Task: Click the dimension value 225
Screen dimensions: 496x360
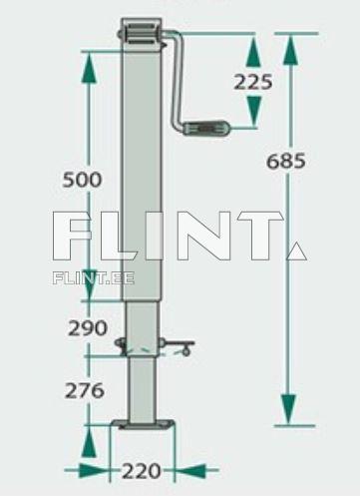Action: pyautogui.click(x=253, y=82)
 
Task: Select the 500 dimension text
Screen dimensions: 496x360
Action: pyautogui.click(x=82, y=180)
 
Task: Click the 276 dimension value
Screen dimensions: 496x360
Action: pyautogui.click(x=85, y=390)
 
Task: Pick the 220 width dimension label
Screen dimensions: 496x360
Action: pyautogui.click(x=144, y=469)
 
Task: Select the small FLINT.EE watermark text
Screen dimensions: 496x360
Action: pyautogui.click(x=93, y=277)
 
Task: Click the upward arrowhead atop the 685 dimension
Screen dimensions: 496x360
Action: pyautogui.click(x=289, y=47)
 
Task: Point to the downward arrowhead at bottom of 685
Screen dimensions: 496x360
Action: pyautogui.click(x=289, y=409)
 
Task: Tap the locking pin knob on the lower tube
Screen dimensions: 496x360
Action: pyautogui.click(x=184, y=348)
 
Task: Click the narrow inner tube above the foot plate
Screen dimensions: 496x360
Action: pyautogui.click(x=144, y=384)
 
